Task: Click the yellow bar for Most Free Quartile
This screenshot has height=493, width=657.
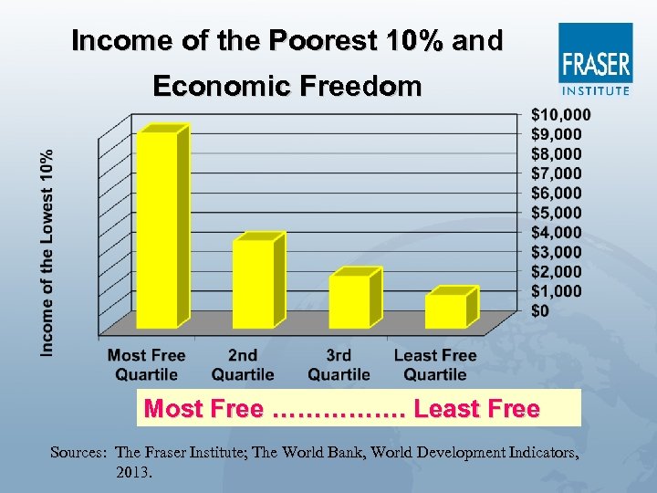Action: pyautogui.click(x=157, y=228)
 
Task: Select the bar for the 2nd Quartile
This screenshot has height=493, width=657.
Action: pyautogui.click(x=253, y=283)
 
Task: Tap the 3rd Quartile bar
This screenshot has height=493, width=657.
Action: pyautogui.click(x=349, y=300)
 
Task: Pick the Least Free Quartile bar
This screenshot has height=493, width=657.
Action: pyautogui.click(x=445, y=310)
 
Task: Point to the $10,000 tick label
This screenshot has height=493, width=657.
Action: pyautogui.click(x=560, y=114)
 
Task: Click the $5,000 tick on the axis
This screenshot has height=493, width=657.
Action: pyautogui.click(x=557, y=213)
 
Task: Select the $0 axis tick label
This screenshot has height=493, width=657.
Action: pyautogui.click(x=541, y=311)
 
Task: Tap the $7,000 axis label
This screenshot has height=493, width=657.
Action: pyautogui.click(x=557, y=173)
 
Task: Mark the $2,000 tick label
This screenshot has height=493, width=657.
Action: pyautogui.click(x=557, y=272)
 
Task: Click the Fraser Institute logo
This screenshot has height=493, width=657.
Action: pyautogui.click(x=595, y=59)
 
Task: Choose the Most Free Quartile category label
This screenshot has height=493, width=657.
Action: pyautogui.click(x=146, y=364)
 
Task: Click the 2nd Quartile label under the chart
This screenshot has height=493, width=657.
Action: pyautogui.click(x=243, y=364)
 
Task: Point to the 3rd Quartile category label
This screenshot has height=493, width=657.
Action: pyautogui.click(x=339, y=364)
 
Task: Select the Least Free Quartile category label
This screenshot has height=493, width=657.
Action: pyautogui.click(x=435, y=364)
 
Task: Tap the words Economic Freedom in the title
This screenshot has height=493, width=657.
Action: pyautogui.click(x=287, y=87)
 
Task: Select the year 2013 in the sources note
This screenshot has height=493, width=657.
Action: pyautogui.click(x=134, y=474)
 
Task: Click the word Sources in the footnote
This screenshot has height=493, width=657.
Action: pyautogui.click(x=79, y=453)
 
